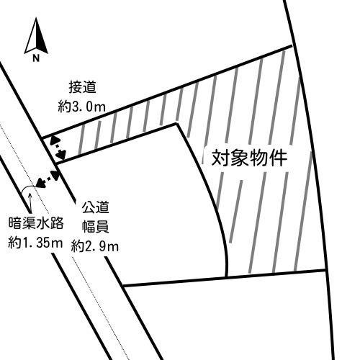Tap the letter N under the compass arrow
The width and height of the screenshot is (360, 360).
pos(36,58)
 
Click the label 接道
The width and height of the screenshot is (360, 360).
pos(83,87)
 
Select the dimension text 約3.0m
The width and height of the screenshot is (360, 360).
pos(81,107)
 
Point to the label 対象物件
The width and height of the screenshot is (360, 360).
pos(249,158)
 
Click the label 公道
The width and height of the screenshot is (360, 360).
pos(95,207)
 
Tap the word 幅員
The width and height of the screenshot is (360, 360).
pos(96,226)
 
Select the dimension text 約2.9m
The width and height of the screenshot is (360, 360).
pos(95,246)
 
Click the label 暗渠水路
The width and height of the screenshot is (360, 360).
pos(36,223)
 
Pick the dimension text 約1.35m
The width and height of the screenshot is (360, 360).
pos(35,243)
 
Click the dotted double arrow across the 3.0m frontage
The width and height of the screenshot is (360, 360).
pos(58,148)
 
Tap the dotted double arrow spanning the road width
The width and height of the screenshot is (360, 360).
pos(48,179)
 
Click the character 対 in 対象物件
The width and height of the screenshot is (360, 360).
pos(221,158)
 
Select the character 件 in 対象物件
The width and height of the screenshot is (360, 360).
pos(278,158)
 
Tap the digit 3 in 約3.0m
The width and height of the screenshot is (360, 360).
pos(75,107)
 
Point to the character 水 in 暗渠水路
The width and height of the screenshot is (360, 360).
pos(42,223)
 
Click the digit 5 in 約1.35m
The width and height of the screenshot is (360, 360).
pos(47,243)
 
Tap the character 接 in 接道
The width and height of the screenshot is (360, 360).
pos(76,87)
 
